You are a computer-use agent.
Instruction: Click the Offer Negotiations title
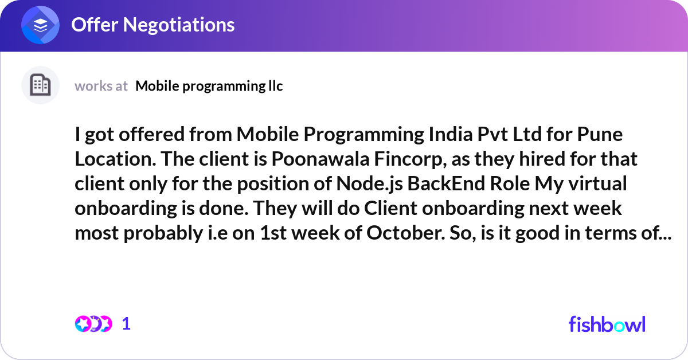tap(153, 25)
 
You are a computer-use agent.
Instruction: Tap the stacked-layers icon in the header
tap(41, 25)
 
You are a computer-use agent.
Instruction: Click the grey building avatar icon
tap(40, 85)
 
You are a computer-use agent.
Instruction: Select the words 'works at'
tap(101, 86)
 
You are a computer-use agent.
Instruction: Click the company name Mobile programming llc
tap(209, 86)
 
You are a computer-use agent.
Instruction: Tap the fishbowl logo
tap(607, 324)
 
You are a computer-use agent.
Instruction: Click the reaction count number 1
tap(127, 324)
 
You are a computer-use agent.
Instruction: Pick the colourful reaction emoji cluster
tap(93, 324)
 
